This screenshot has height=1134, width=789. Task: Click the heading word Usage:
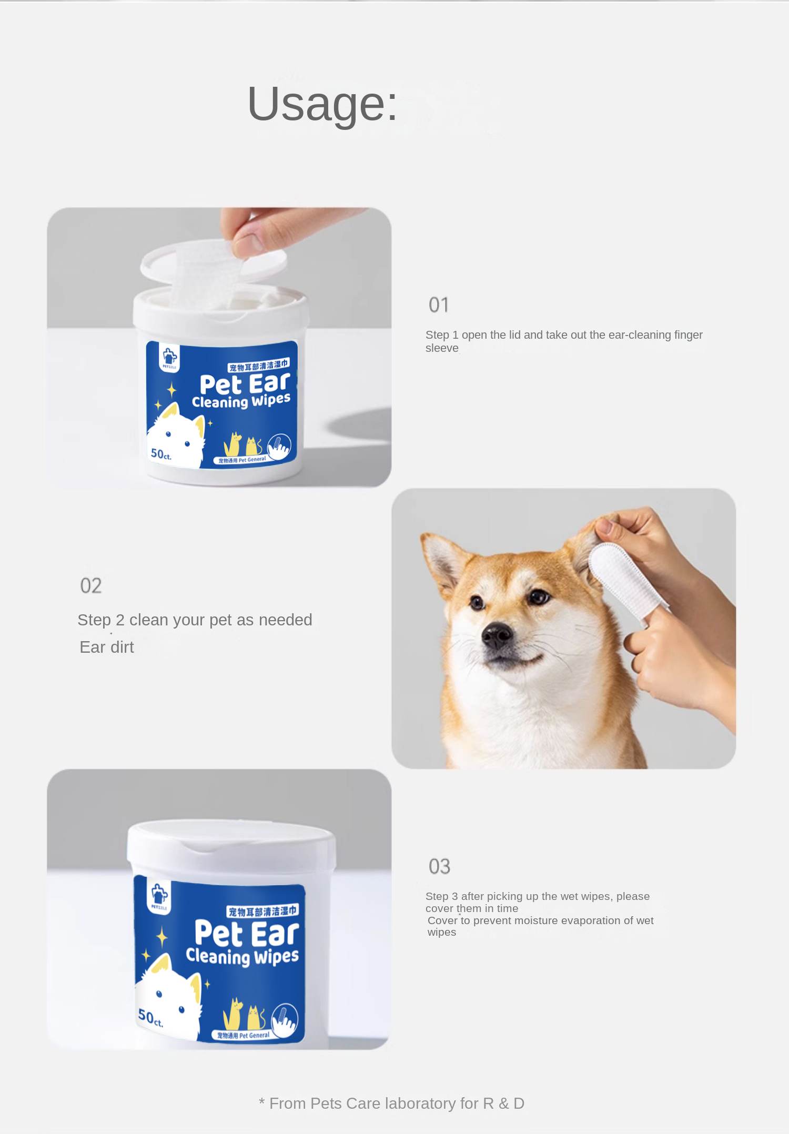[322, 104]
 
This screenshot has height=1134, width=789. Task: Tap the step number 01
[439, 305]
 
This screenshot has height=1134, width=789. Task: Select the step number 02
[90, 586]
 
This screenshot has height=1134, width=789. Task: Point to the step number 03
[439, 867]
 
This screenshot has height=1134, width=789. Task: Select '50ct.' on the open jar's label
[160, 454]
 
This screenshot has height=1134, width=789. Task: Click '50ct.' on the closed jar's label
[150, 1018]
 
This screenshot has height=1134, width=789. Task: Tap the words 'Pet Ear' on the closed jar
[246, 933]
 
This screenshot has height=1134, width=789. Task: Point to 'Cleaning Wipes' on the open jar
[241, 401]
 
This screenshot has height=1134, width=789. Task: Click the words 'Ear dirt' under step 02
[107, 647]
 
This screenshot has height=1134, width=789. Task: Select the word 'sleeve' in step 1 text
[442, 348]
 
